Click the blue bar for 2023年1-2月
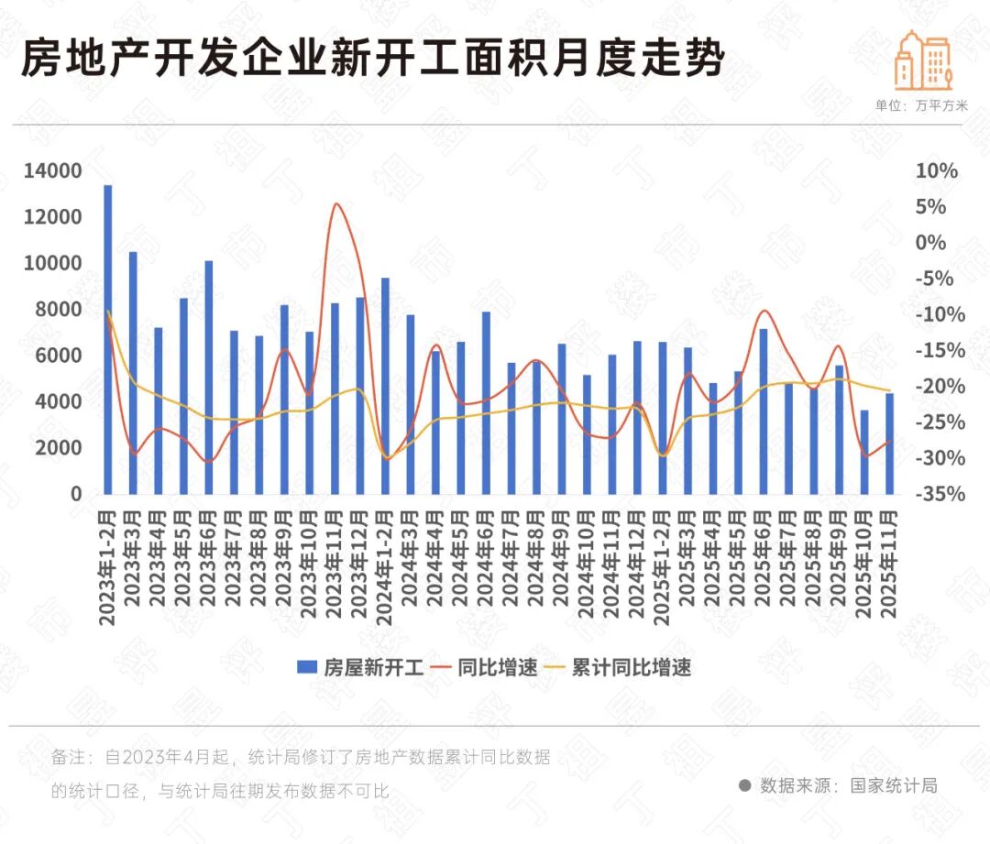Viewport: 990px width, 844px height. (x=108, y=339)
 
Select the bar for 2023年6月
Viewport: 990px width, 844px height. (x=209, y=377)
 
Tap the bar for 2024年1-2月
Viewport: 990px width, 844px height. (x=385, y=385)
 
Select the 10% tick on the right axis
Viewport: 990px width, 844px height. (x=936, y=171)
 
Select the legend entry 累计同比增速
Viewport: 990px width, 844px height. (x=619, y=667)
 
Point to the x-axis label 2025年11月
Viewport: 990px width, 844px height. (x=889, y=564)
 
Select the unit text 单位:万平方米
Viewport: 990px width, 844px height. (x=921, y=105)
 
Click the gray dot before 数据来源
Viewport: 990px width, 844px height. (x=745, y=785)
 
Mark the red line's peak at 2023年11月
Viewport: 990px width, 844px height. (x=336, y=203)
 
